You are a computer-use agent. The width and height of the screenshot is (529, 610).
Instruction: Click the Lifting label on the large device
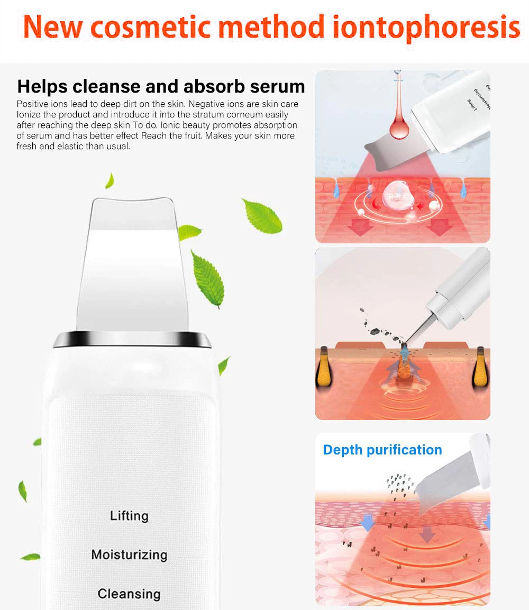click(129, 515)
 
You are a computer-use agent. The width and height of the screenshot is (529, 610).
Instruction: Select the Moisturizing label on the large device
click(129, 554)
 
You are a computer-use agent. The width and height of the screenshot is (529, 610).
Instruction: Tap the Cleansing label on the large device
click(129, 594)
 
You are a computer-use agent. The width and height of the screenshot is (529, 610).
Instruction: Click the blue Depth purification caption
click(382, 450)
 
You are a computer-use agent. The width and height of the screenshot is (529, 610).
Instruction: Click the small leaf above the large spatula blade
click(110, 180)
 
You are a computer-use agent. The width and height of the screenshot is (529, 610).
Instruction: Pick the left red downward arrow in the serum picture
click(362, 227)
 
